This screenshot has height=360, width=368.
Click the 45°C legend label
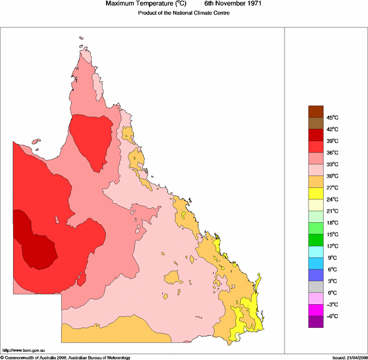click(333, 117)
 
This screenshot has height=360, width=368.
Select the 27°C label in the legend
click(333, 188)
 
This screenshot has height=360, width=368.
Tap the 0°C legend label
click(333, 293)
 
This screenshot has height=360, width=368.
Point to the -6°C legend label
click(333, 316)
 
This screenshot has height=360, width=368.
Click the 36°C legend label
click(333, 153)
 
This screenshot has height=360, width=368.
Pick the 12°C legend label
click(333, 246)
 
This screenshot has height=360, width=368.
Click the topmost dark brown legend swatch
click(316, 111)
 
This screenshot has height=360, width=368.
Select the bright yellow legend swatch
click(316, 193)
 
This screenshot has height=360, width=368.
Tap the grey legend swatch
click(316, 287)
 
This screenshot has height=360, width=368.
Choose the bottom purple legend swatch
click(316, 322)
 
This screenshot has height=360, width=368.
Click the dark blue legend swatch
click(316, 275)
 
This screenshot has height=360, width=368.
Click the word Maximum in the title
click(121, 4)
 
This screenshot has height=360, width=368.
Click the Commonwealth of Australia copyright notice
click(65, 357)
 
